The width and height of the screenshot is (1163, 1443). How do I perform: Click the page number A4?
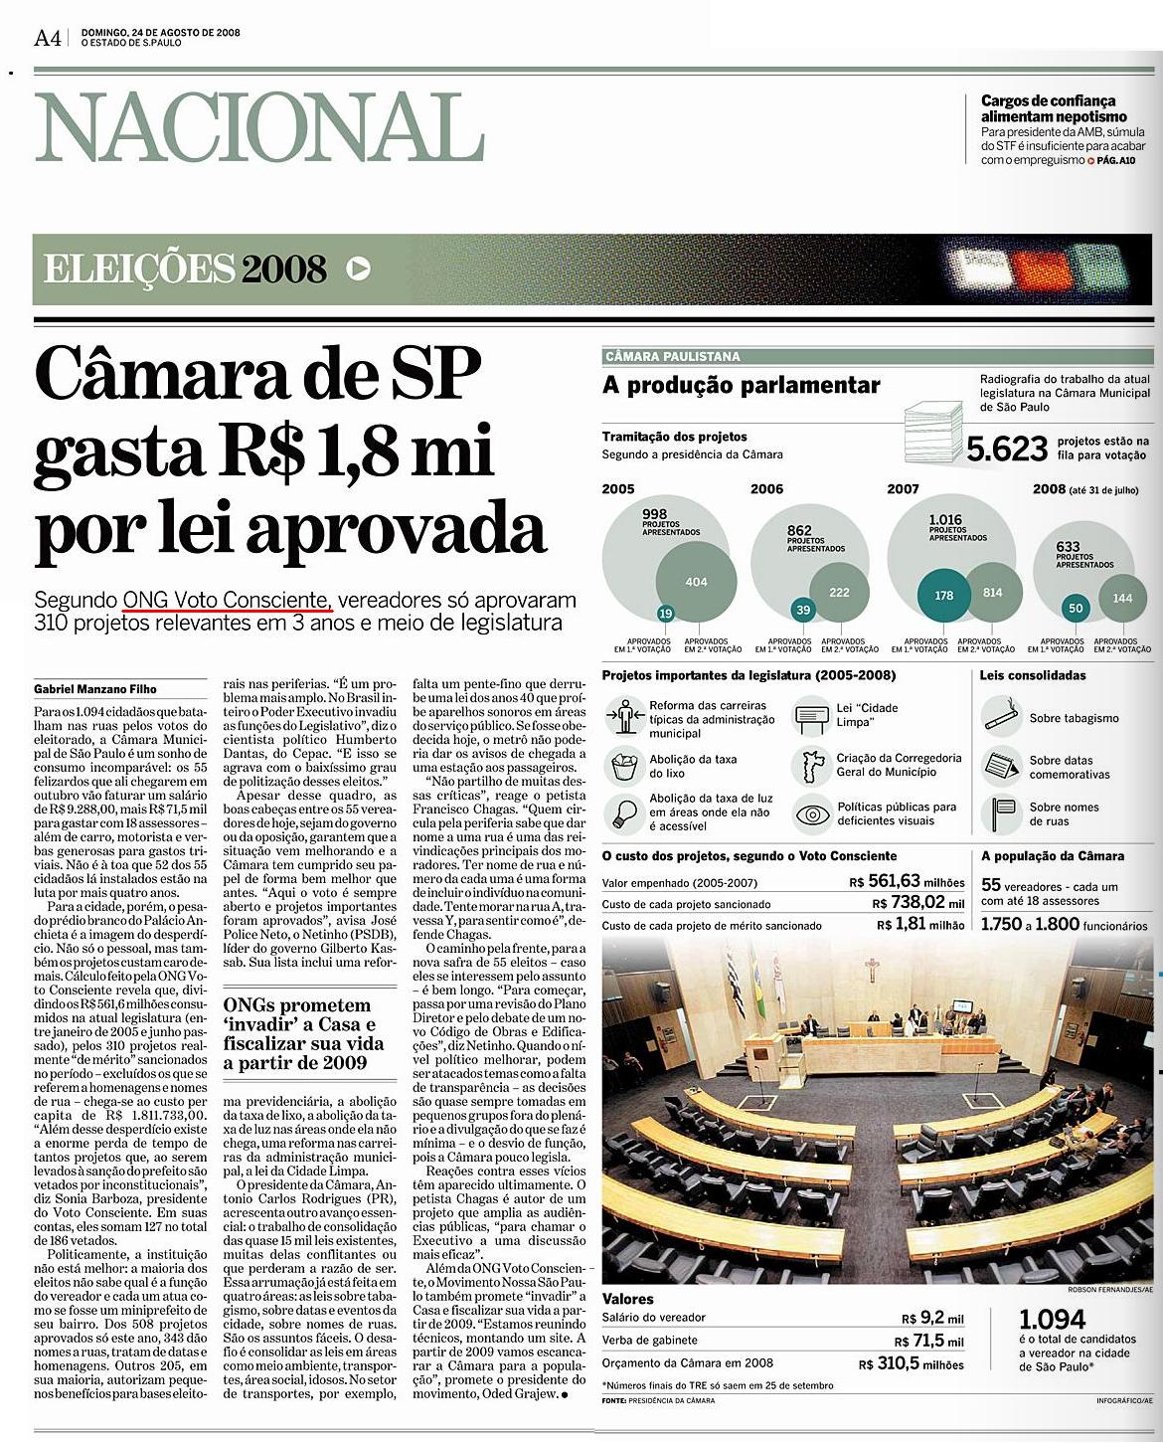point(48,38)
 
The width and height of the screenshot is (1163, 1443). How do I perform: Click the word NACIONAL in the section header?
point(259,128)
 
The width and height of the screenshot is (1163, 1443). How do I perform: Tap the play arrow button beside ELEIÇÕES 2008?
point(359,268)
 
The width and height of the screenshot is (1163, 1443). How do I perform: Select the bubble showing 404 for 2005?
point(696,582)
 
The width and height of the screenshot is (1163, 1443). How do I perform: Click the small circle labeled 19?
point(665,615)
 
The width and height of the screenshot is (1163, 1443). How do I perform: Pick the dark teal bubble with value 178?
point(943,595)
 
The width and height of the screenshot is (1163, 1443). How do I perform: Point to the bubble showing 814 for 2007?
point(992,593)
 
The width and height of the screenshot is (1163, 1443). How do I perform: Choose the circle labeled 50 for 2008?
point(1075,608)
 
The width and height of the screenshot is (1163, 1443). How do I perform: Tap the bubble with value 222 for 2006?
point(840,593)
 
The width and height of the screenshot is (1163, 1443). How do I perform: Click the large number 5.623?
point(1007,449)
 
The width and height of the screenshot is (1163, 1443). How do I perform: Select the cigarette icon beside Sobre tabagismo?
point(1000,715)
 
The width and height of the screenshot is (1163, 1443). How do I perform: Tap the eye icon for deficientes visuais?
point(812,814)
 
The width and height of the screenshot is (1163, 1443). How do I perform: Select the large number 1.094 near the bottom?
point(1053,1320)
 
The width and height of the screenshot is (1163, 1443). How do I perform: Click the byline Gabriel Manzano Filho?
point(95,689)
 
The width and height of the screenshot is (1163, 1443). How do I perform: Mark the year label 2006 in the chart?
point(766,488)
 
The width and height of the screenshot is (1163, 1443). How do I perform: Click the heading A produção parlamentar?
point(741,386)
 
